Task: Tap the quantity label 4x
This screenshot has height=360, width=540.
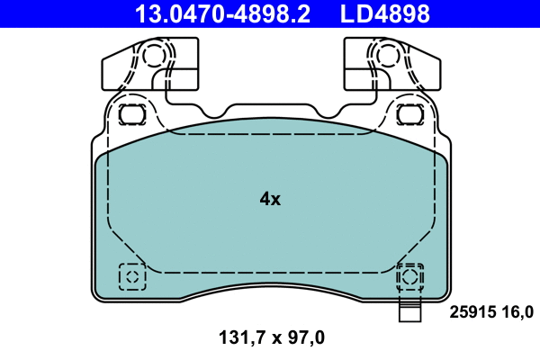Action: coord(270,199)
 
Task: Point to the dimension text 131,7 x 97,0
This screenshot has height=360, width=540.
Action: coord(271,338)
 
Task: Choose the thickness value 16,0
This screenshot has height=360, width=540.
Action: coord(517,312)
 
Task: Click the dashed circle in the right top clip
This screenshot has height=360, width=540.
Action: coord(387,56)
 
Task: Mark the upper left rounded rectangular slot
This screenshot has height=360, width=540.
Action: coord(132,114)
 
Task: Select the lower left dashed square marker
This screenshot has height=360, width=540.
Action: coord(132,276)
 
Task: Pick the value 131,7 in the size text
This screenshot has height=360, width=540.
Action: coord(237,338)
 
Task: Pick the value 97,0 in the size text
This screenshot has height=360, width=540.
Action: coord(305,338)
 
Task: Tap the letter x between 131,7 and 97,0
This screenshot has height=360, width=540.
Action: coord(271,339)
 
